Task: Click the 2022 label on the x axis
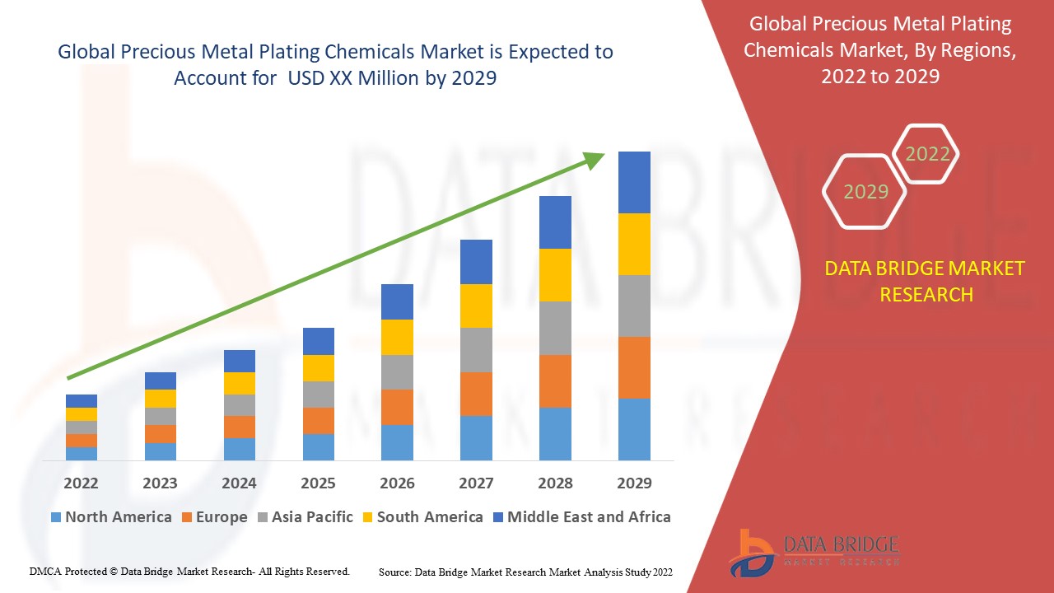click(x=81, y=483)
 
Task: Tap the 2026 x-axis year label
click(x=397, y=483)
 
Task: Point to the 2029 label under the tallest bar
click(x=634, y=483)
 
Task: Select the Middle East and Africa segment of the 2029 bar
click(x=634, y=182)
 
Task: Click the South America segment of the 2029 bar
click(x=634, y=244)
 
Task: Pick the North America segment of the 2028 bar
click(x=555, y=433)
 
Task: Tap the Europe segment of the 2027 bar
click(x=476, y=394)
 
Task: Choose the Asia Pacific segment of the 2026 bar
click(x=397, y=372)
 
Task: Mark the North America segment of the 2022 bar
click(x=81, y=453)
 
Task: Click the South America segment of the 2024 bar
click(x=239, y=383)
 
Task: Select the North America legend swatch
click(x=56, y=517)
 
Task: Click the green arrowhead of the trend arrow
click(x=595, y=160)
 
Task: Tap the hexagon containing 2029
click(x=865, y=191)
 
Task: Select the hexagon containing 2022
click(x=927, y=154)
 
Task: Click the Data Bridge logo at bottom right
click(x=812, y=552)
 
